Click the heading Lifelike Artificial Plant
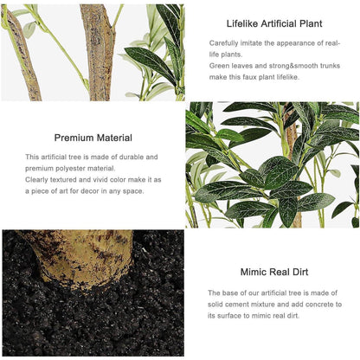[274, 23]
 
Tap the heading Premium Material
[93, 138]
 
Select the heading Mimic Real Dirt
[274, 272]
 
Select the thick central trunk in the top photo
[98, 52]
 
